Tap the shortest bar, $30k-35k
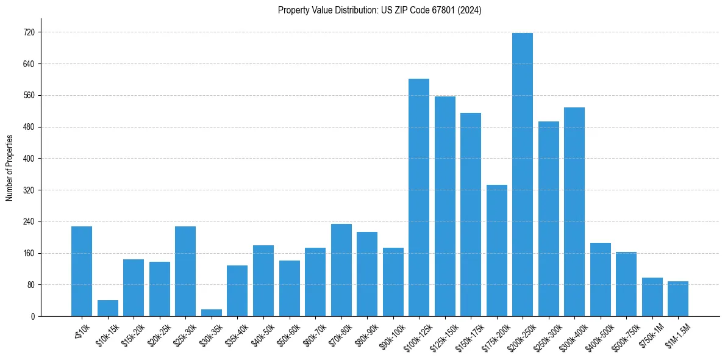click(211, 312)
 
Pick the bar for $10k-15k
click(107, 308)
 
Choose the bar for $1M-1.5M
click(677, 298)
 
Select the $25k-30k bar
click(185, 271)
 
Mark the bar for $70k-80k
click(341, 270)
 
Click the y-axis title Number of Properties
click(9, 168)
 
